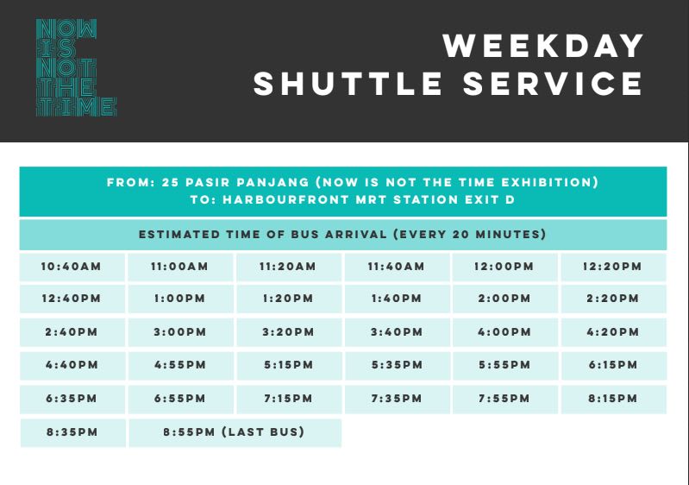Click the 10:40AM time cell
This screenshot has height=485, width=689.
click(72, 267)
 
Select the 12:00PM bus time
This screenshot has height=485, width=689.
click(504, 267)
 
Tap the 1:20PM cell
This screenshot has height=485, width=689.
click(289, 299)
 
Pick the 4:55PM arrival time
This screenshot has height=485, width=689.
click(180, 365)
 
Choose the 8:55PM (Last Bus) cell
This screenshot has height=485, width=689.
click(235, 432)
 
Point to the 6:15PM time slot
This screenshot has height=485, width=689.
click(614, 365)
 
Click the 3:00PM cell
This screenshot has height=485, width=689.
click(180, 332)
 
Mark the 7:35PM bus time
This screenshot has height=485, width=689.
click(398, 400)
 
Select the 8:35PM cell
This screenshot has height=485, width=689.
click(72, 432)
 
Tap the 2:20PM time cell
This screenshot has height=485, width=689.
click(613, 299)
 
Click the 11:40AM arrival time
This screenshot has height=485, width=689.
click(397, 267)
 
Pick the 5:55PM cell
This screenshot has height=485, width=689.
click(504, 365)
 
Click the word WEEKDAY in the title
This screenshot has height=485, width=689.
click(543, 46)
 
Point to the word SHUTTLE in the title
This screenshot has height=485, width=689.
click(348, 84)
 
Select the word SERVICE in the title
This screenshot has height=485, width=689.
click(554, 84)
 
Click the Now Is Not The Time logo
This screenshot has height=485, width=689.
click(76, 67)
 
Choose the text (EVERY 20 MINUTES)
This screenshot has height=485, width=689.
click(470, 235)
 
